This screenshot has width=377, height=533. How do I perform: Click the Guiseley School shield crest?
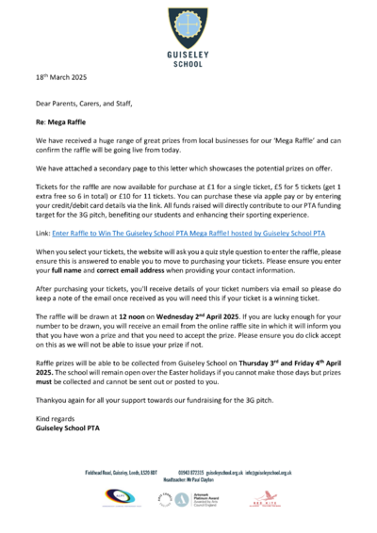[x=188, y=23]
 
